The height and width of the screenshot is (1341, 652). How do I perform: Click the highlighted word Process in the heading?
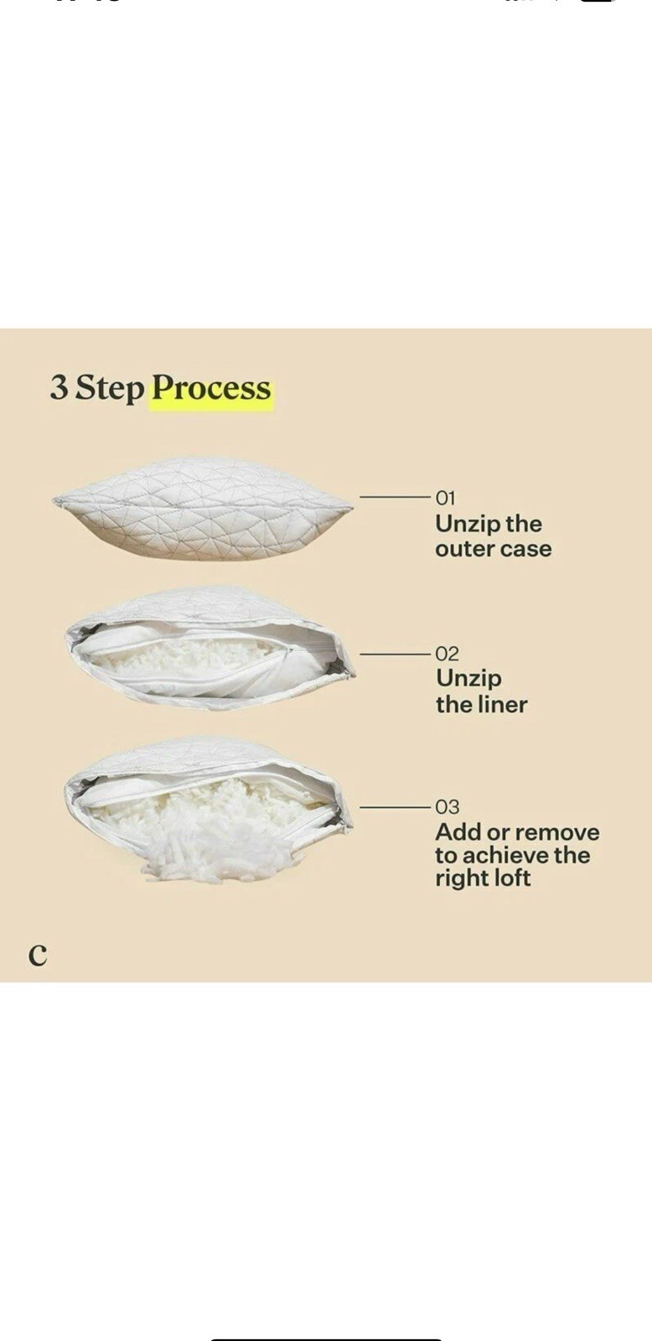click(211, 389)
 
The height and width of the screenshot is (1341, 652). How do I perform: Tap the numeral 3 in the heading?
click(58, 388)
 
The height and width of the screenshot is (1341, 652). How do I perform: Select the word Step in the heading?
click(110, 390)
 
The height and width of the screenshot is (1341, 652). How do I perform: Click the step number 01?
click(446, 498)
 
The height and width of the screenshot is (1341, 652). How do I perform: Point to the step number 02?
click(447, 653)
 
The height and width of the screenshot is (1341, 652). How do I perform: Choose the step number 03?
click(448, 807)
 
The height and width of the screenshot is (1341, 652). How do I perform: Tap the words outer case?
click(493, 549)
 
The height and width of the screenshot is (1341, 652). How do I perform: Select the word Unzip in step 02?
click(468, 679)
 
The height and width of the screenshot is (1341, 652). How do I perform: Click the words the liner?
click(481, 704)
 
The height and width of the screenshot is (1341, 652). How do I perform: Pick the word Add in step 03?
click(458, 832)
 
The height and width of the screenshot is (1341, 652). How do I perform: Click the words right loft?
click(483, 878)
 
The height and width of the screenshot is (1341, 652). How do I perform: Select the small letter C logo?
click(38, 955)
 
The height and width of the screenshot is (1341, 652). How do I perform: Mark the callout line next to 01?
click(395, 498)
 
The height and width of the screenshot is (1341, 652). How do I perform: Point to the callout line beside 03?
click(395, 807)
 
